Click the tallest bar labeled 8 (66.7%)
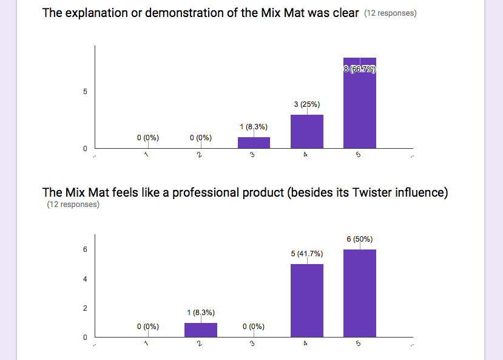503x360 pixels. (359, 103)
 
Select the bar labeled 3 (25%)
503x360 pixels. (306, 132)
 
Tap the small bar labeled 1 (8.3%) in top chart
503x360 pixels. (254, 143)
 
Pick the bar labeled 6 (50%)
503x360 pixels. (359, 293)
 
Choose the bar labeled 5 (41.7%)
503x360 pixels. (306, 301)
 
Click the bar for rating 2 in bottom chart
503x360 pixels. (201, 330)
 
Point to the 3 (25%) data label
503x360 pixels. (306, 104)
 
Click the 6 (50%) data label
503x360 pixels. (359, 239)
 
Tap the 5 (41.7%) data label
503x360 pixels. (306, 254)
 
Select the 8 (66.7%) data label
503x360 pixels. (359, 69)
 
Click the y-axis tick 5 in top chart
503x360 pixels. (85, 92)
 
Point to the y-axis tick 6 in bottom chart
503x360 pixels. (85, 250)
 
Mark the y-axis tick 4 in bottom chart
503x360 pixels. (85, 279)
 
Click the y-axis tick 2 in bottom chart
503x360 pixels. (85, 308)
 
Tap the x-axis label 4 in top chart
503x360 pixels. (306, 155)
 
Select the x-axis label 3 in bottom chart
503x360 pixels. (252, 344)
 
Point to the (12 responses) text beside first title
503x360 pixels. (390, 13)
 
